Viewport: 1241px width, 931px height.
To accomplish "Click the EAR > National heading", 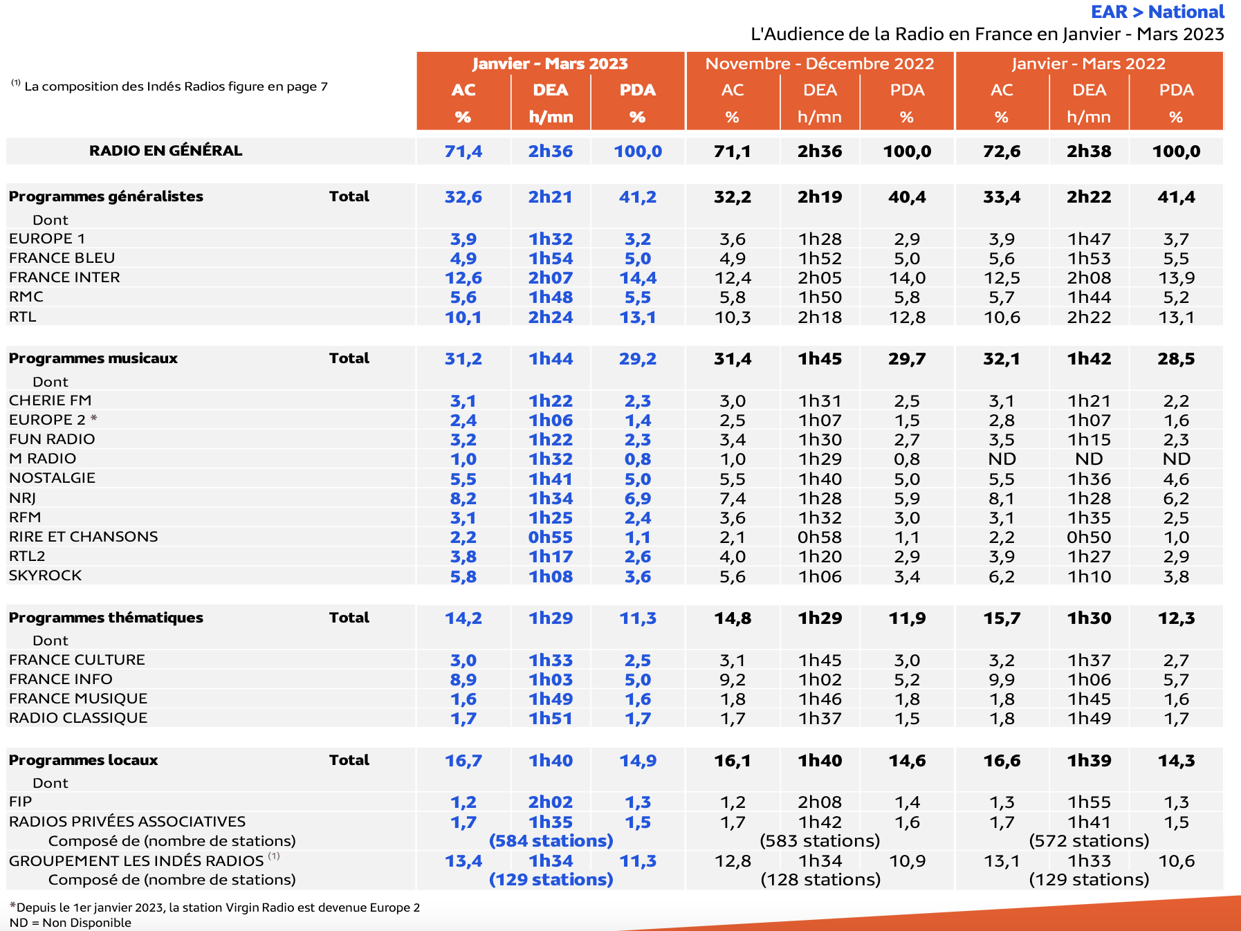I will [1157, 12].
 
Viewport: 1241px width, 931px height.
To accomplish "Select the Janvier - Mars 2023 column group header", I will [550, 64].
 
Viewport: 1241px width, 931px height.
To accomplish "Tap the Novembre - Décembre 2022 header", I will [819, 64].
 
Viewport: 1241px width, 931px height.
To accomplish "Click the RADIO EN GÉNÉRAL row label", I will [165, 151].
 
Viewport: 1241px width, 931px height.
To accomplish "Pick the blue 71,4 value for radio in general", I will [463, 151].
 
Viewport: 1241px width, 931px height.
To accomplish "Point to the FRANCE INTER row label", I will [64, 277].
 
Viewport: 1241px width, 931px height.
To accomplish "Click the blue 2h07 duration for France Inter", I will [550, 278].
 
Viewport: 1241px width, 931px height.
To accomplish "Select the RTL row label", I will [23, 317].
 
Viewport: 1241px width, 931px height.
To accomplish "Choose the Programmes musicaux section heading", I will [93, 358].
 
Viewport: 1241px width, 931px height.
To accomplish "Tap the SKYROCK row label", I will [45, 575].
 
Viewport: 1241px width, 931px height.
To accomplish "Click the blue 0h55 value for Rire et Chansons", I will [550, 537].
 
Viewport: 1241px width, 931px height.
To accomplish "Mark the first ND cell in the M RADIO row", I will [1002, 459].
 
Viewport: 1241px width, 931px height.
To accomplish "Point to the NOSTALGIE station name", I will [52, 478].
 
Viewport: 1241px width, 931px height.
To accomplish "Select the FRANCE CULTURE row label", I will [77, 660].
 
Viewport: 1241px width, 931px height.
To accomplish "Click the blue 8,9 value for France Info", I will [463, 680].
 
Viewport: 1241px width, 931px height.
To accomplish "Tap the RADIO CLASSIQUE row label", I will [78, 718].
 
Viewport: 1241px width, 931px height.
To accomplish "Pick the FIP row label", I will [21, 802].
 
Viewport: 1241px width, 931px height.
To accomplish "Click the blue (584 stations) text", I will [551, 841].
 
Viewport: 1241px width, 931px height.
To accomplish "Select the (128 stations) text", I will [820, 880].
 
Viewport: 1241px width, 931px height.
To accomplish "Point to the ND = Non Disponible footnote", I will [71, 923].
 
